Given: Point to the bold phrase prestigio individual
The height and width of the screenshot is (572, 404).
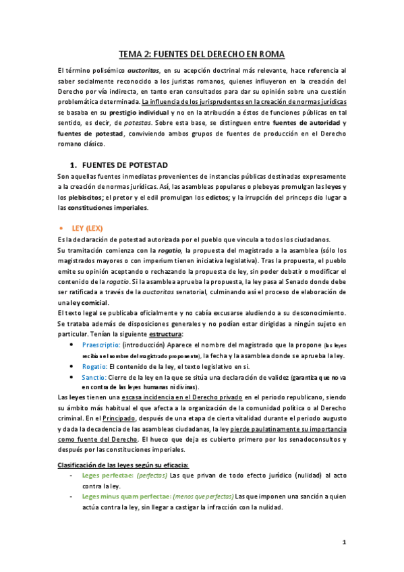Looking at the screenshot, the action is click(x=139, y=112).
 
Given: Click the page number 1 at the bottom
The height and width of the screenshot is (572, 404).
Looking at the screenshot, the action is click(x=343, y=542).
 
